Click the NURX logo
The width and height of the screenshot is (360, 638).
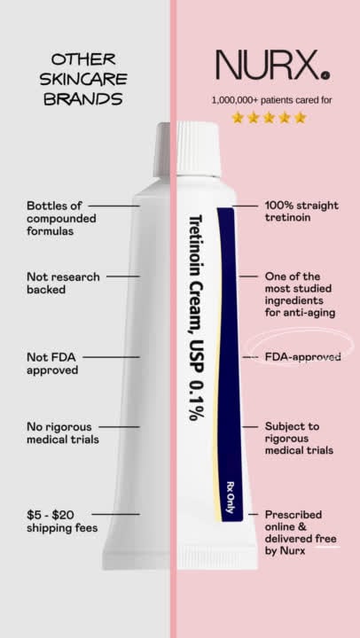click(272, 65)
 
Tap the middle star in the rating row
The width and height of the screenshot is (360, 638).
click(269, 118)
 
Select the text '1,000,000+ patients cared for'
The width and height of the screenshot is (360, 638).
click(271, 100)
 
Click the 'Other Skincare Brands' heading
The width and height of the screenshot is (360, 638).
click(83, 79)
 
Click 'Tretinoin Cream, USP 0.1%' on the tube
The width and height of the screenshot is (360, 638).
click(197, 318)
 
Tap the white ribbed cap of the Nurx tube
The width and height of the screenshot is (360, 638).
click(199, 149)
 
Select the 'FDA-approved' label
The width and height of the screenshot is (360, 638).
click(302, 357)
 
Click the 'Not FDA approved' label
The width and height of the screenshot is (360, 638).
click(52, 364)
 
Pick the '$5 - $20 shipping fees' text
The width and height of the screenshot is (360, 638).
click(62, 521)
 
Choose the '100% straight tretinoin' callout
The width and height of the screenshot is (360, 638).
click(301, 211)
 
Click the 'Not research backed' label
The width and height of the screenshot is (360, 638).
click(63, 284)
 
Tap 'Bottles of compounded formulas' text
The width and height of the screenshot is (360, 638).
click(61, 219)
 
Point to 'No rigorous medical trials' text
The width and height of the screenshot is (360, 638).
click(63, 433)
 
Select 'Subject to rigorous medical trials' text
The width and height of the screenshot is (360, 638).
click(299, 439)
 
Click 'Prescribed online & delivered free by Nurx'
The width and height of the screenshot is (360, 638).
click(301, 533)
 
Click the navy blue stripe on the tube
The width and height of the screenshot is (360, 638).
click(230, 365)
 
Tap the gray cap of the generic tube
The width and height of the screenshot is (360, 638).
click(162, 150)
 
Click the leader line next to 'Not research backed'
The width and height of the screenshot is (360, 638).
click(123, 276)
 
